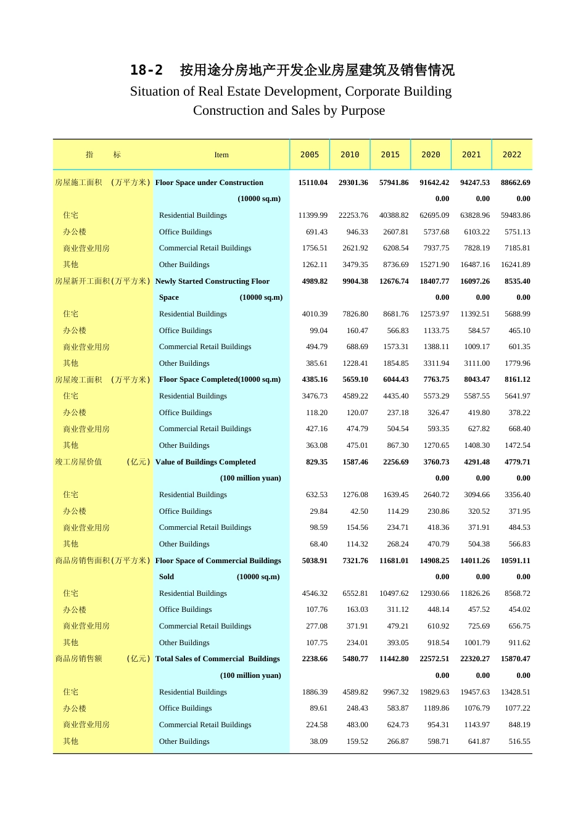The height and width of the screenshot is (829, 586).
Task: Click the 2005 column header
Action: pos(310,155)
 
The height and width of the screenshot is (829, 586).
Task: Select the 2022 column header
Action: pos(511,155)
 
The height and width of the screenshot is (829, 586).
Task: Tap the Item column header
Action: pos(221,155)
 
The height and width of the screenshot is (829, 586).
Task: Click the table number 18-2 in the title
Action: pos(147,70)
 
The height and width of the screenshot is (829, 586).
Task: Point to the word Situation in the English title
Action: pos(162,91)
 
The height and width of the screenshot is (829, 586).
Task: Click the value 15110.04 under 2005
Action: pos(313,183)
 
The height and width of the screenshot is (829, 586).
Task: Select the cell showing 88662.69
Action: pos(515,183)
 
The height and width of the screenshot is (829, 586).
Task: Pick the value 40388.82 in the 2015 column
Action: pos(394,215)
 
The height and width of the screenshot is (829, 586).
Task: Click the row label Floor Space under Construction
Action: pos(209,183)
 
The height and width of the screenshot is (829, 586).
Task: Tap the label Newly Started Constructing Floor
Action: pos(212,281)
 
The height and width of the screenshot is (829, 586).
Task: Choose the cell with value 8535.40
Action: pos(517,281)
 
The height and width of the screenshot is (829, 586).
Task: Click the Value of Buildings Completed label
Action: pos(205,462)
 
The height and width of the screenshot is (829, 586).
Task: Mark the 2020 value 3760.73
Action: pos(436,462)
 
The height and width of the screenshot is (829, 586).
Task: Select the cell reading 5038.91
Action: pos(315,561)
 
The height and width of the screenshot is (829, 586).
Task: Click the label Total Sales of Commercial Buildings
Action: pos(218,659)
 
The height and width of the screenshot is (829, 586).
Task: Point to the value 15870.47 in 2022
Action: pos(515,659)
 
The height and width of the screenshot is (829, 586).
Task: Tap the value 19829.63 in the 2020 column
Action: pos(434,692)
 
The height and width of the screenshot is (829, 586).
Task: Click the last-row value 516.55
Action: pos(519,741)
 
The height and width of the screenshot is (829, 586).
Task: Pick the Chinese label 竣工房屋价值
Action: pos(78,462)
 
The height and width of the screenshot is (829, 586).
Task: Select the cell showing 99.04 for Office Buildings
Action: pos(318,331)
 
